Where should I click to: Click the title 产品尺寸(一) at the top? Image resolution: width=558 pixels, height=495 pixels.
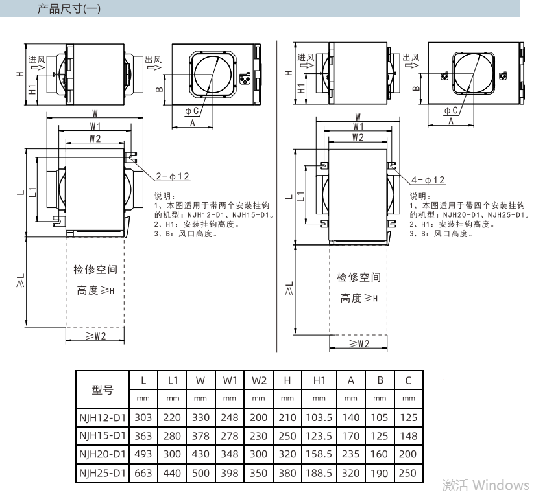[69, 8]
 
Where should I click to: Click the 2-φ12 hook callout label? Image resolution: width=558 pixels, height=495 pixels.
[173, 176]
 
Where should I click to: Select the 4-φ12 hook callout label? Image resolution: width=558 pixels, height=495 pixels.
[428, 180]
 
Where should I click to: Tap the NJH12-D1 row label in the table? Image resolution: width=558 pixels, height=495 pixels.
[103, 417]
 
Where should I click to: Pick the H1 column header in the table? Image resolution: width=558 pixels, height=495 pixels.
[319, 380]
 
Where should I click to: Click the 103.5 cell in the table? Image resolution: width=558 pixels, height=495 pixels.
[319, 417]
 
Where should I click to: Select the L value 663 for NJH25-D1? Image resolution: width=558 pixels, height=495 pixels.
[143, 473]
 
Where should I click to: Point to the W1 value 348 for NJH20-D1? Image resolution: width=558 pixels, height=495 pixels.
[230, 454]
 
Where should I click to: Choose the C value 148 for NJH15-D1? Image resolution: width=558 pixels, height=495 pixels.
[408, 436]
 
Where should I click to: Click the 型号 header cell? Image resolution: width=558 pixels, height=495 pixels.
[103, 390]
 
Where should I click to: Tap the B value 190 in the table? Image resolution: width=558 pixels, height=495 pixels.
[380, 473]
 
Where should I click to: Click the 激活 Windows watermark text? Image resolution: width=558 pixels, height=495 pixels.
[485, 485]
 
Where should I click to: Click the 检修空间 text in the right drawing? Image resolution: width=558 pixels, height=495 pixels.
[359, 277]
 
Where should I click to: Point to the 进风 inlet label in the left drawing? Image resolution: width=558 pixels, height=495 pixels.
[37, 60]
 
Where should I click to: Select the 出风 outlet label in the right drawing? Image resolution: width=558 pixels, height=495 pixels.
[411, 57]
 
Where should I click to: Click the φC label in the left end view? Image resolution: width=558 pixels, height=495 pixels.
[191, 111]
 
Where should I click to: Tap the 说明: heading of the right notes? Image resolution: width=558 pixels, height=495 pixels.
[420, 196]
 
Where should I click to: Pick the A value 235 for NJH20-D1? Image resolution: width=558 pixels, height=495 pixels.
[350, 454]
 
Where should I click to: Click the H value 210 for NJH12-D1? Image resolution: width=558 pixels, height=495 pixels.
[287, 417]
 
